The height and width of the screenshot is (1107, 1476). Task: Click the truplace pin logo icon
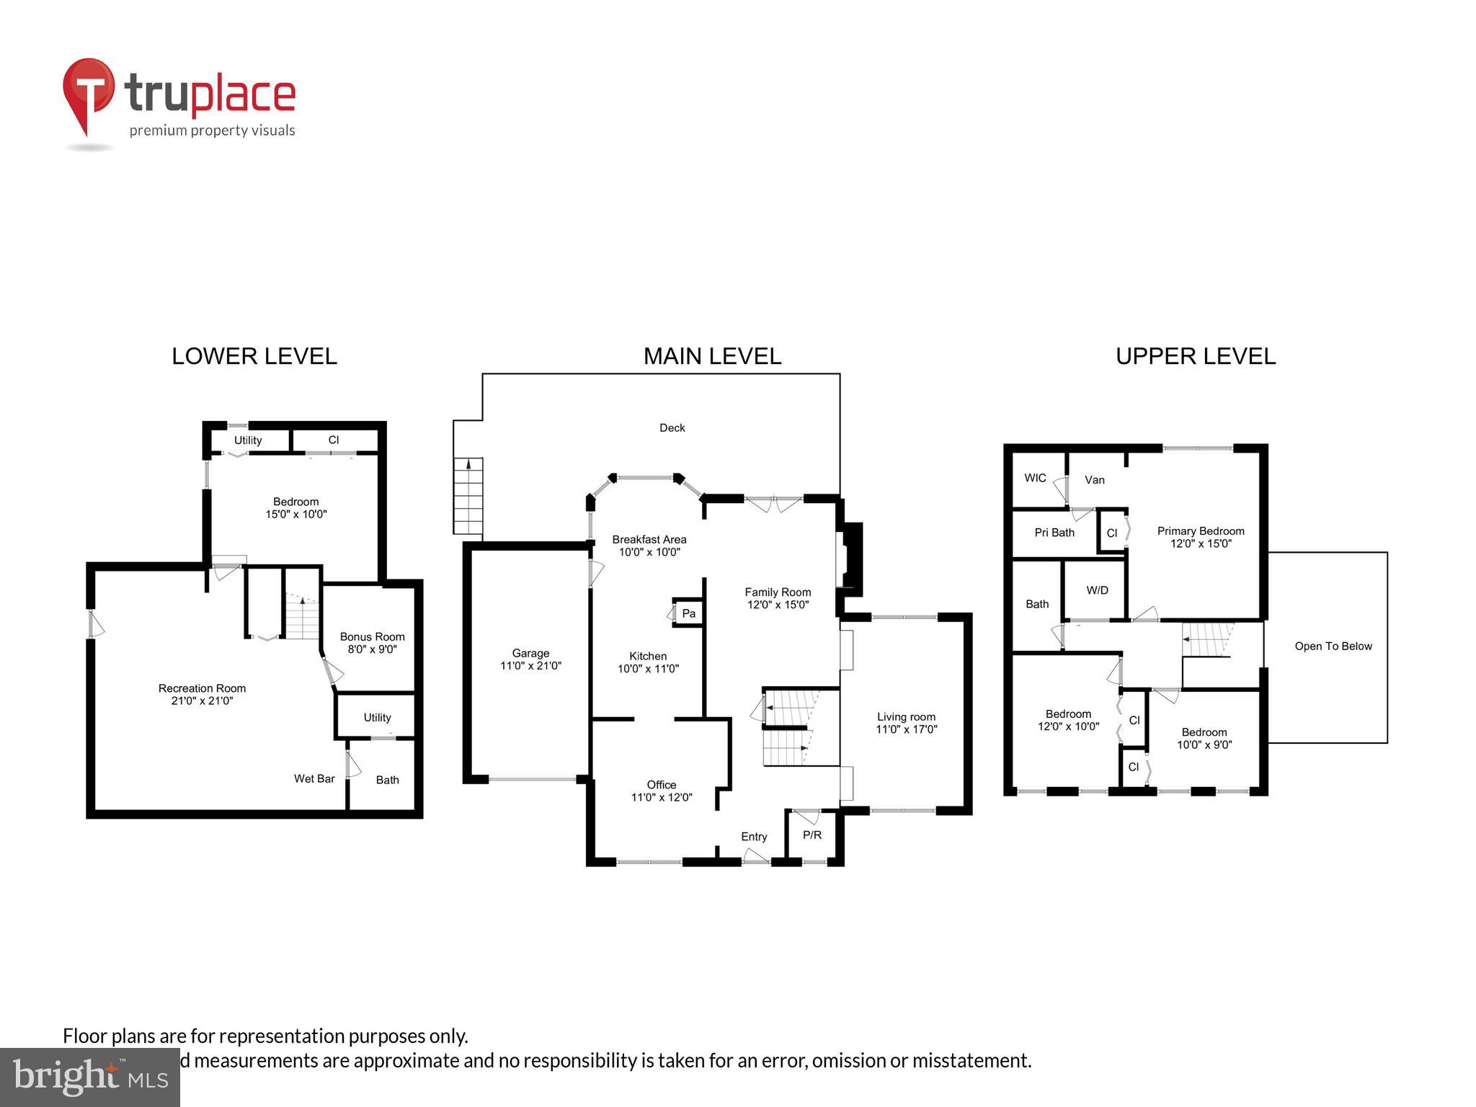pyautogui.click(x=88, y=94)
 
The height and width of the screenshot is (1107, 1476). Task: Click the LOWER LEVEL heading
pyautogui.click(x=254, y=356)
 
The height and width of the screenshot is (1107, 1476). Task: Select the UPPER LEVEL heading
pyautogui.click(x=1195, y=356)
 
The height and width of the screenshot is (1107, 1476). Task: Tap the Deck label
pyautogui.click(x=672, y=428)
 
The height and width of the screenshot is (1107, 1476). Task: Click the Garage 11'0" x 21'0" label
pyautogui.click(x=530, y=659)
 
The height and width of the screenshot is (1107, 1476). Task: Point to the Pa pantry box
pyautogui.click(x=688, y=613)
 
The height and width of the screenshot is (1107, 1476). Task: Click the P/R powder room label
pyautogui.click(x=812, y=835)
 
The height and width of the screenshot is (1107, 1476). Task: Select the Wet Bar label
pyautogui.click(x=314, y=778)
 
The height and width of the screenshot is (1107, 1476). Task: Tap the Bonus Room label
pyautogui.click(x=372, y=636)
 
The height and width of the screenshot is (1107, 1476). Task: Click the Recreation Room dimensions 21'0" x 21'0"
pyautogui.click(x=202, y=701)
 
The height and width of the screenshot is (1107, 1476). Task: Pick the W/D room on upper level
pyautogui.click(x=1097, y=590)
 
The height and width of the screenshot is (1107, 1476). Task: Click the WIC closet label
pyautogui.click(x=1035, y=478)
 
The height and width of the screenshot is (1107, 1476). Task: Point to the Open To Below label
pyautogui.click(x=1333, y=646)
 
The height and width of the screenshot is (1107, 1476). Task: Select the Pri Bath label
pyautogui.click(x=1054, y=533)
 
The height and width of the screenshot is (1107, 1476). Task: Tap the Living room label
pyautogui.click(x=906, y=716)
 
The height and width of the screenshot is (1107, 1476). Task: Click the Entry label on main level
pyautogui.click(x=754, y=837)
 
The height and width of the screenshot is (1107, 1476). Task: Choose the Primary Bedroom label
pyautogui.click(x=1200, y=531)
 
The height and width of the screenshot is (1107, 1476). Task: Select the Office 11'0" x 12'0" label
pyautogui.click(x=661, y=791)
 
